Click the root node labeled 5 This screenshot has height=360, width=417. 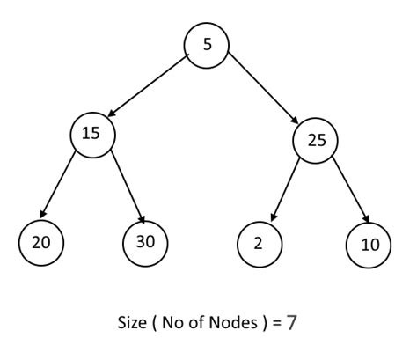click(x=207, y=44)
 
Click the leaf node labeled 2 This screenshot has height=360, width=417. click(x=259, y=241)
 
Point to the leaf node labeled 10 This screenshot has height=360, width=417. click(x=369, y=243)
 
